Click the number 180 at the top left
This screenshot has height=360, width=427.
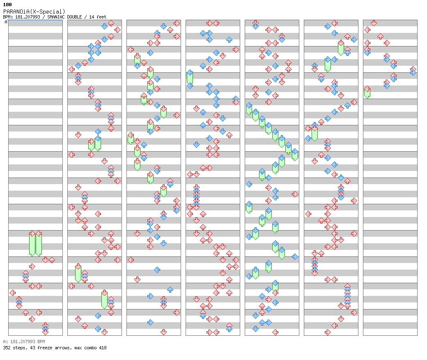[x=7, y=5]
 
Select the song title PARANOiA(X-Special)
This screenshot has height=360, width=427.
[x=34, y=12]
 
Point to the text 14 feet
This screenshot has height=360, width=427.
[x=97, y=17]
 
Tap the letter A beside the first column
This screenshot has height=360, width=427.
[x=6, y=22]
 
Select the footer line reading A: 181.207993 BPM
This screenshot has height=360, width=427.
[x=24, y=342]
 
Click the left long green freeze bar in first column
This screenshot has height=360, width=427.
[x=32, y=244]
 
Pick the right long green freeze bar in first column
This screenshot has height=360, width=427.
[x=39, y=244]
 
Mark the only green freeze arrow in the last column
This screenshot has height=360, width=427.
[x=367, y=92]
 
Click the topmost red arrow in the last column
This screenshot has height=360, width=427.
[x=374, y=23]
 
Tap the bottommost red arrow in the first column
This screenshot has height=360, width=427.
[x=46, y=332]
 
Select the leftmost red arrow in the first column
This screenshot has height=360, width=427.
[x=13, y=293]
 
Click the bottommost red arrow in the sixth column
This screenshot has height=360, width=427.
[x=328, y=332]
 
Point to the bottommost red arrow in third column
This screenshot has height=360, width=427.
[x=164, y=332]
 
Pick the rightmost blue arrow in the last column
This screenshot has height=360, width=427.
[x=413, y=72]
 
